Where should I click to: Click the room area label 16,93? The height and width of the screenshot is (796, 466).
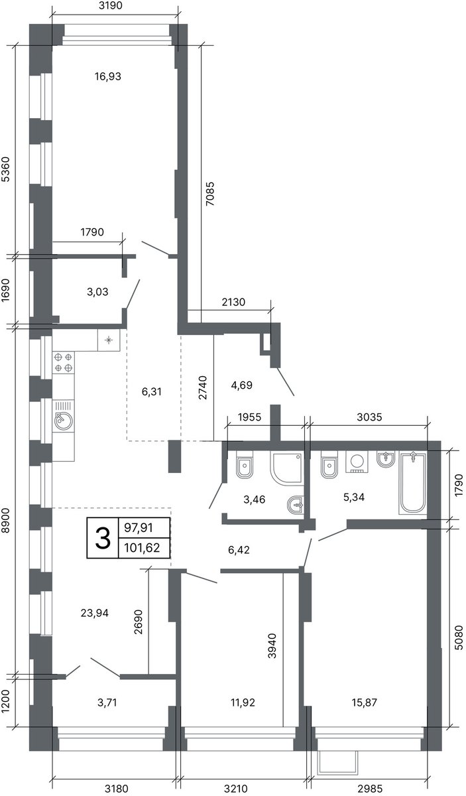[x=108, y=76]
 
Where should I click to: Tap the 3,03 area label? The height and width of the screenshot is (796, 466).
[x=97, y=292]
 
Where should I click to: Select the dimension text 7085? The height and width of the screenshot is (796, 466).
[x=210, y=194]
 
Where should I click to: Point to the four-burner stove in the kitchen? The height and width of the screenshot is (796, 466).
[x=64, y=362]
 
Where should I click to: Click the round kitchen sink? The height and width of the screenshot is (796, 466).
[x=64, y=421]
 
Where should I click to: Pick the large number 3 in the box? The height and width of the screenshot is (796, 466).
[x=103, y=538]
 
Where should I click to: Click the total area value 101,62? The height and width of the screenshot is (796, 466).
[x=142, y=548]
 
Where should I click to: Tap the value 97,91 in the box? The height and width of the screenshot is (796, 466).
[x=139, y=528]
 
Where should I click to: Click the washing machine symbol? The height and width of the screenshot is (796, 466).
[x=357, y=462]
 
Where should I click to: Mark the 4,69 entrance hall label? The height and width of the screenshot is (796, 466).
[x=241, y=385]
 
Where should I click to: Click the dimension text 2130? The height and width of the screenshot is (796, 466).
[x=233, y=302]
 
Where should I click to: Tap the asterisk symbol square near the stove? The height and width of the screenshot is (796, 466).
[x=109, y=340]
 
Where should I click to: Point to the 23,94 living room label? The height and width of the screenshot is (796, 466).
[x=95, y=613]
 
